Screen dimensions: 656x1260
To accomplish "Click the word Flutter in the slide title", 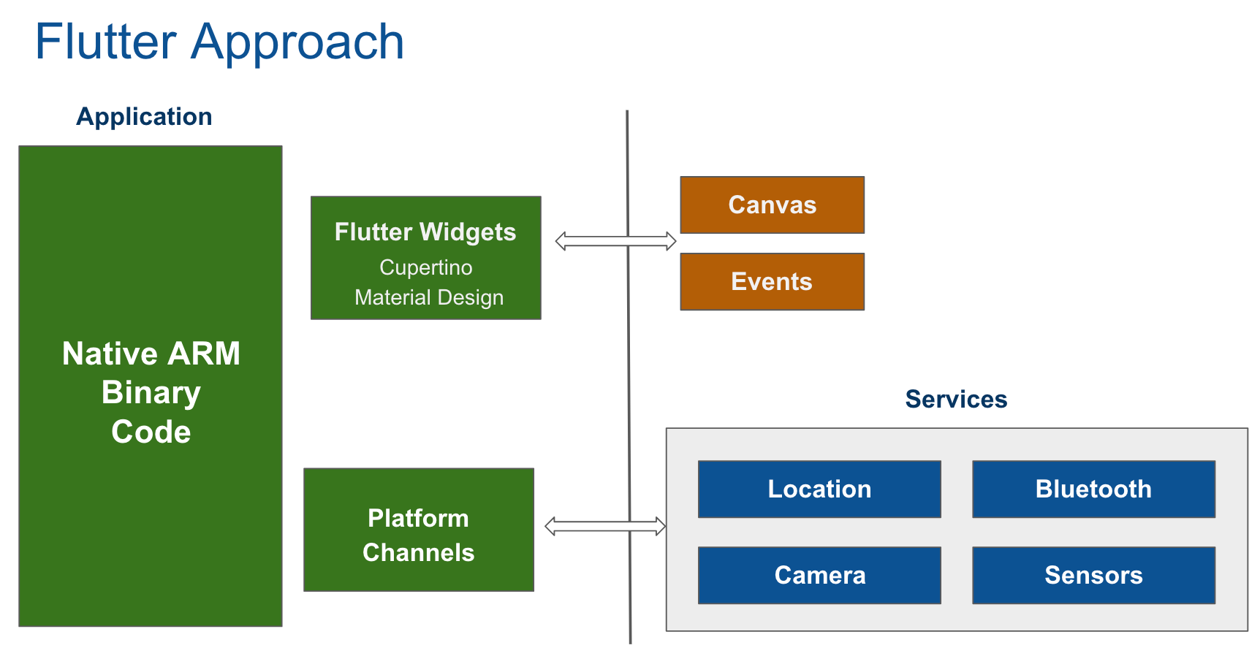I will coord(106,42).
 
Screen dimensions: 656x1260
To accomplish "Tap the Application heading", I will coord(144,117).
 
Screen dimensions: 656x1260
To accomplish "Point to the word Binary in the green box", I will coord(151,393).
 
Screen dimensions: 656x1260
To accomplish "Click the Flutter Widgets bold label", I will coord(425,232).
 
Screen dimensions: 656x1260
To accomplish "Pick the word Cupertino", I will coord(425,267).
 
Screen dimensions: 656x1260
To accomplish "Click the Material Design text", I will coord(428,297).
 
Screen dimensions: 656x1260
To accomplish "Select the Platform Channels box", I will coord(419,530).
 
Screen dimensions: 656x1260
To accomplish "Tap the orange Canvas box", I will coord(772,205).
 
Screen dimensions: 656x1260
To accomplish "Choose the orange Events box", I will coord(772,281).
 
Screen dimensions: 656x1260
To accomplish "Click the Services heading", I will coord(956,399).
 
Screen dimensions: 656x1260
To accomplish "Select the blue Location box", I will coord(819,489).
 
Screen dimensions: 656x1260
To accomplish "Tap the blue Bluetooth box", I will coord(1093,489).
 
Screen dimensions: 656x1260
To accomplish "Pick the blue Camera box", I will coord(819,575).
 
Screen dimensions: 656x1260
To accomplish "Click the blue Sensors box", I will coord(1093,575).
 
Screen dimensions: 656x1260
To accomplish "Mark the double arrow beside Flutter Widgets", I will coord(615,241).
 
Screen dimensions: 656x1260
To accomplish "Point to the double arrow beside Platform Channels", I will coord(605,526).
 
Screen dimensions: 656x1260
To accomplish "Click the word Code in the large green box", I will coord(151,432).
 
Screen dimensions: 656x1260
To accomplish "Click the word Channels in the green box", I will coord(418,552).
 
